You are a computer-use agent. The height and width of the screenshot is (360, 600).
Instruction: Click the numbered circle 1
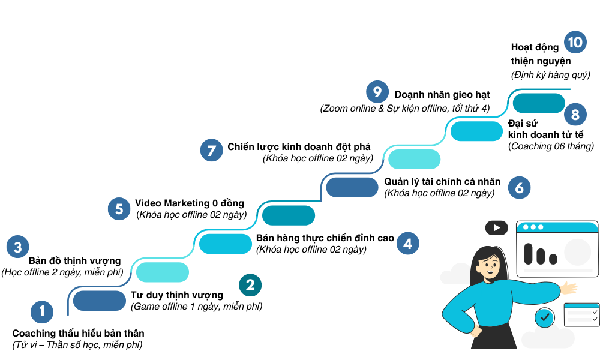pyautogui.click(x=42, y=311)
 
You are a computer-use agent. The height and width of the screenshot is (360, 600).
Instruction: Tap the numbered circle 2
pyautogui.click(x=250, y=285)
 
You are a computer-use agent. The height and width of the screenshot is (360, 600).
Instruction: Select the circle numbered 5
pyautogui.click(x=119, y=208)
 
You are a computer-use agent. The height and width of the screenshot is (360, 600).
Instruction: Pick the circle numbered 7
pyautogui.click(x=211, y=150)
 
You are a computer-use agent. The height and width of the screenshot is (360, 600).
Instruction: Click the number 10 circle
pyautogui.click(x=575, y=42)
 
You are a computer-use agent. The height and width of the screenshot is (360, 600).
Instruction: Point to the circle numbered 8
pyautogui.click(x=575, y=115)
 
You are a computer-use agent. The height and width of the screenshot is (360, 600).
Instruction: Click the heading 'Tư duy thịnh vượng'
pyautogui.click(x=176, y=295)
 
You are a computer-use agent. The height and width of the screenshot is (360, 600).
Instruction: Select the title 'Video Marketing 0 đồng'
pyautogui.click(x=190, y=203)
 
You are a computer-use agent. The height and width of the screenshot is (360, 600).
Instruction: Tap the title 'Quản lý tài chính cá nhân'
pyautogui.click(x=442, y=182)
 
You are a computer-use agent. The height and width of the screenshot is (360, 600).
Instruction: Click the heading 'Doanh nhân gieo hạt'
pyautogui.click(x=442, y=95)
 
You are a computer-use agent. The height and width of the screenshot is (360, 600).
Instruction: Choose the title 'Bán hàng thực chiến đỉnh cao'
pyautogui.click(x=325, y=238)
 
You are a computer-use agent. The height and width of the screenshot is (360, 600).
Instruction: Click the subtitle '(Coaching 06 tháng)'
pyautogui.click(x=551, y=146)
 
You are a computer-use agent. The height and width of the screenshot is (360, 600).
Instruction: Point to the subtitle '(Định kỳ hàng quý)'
pyautogui.click(x=551, y=75)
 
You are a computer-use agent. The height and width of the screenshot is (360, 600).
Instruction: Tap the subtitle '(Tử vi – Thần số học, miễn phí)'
pyautogui.click(x=77, y=345)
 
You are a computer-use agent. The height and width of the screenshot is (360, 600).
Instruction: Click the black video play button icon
pyautogui.click(x=496, y=227)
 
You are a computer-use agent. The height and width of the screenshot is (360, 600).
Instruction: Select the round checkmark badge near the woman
pyautogui.click(x=544, y=316)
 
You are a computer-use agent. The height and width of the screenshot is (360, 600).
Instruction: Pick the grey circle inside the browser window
pyautogui.click(x=577, y=252)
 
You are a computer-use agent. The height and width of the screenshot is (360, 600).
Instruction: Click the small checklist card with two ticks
pyautogui.click(x=581, y=314)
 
